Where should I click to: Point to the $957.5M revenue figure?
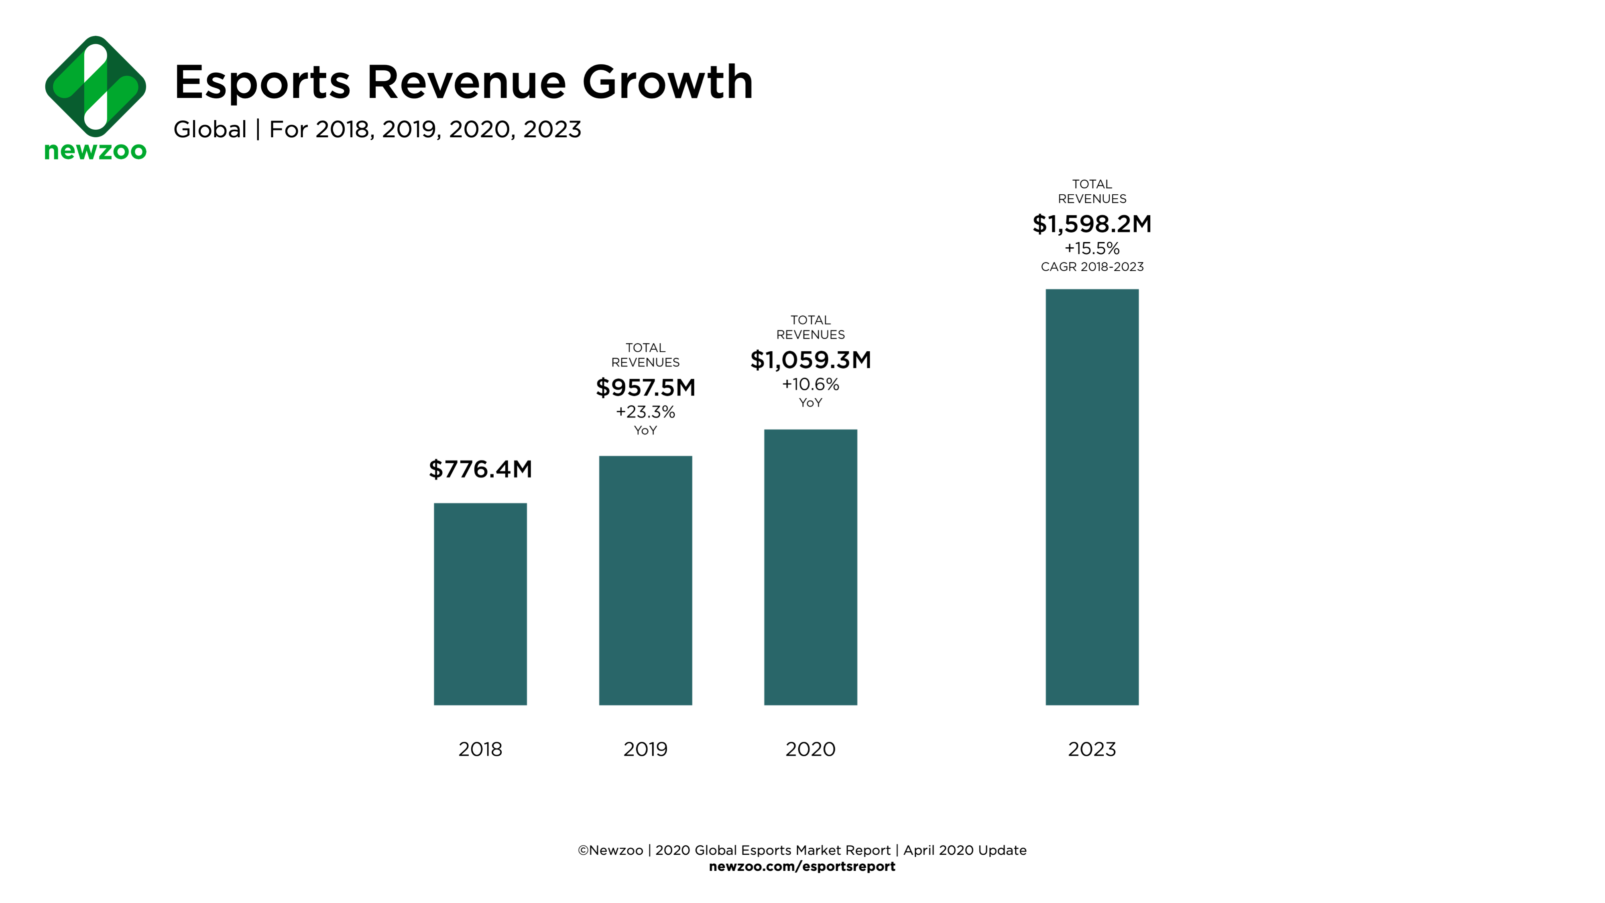point(645,387)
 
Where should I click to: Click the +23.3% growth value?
point(645,412)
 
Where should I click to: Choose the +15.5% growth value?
point(1092,249)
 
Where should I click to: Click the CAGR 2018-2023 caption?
point(1092,267)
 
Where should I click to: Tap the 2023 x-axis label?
point(1092,749)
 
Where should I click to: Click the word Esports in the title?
point(262,82)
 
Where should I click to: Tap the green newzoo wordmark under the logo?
point(96,151)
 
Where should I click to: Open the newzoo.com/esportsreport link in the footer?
point(802,866)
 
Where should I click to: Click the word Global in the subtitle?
point(210,130)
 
